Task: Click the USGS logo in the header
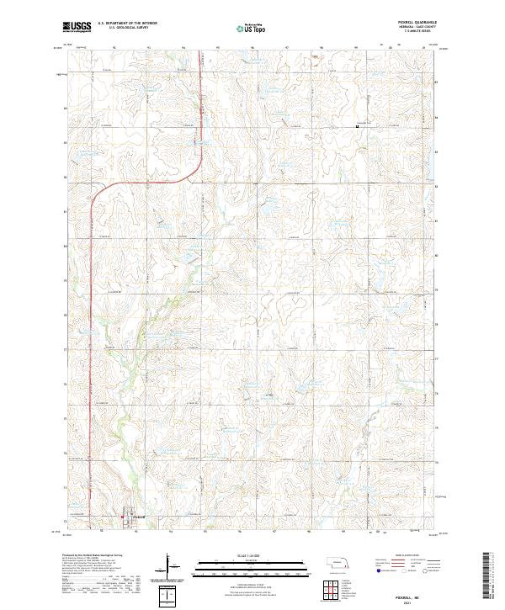(x=77, y=28)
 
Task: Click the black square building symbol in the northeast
(x=357, y=128)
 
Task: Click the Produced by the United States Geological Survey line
(x=93, y=557)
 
